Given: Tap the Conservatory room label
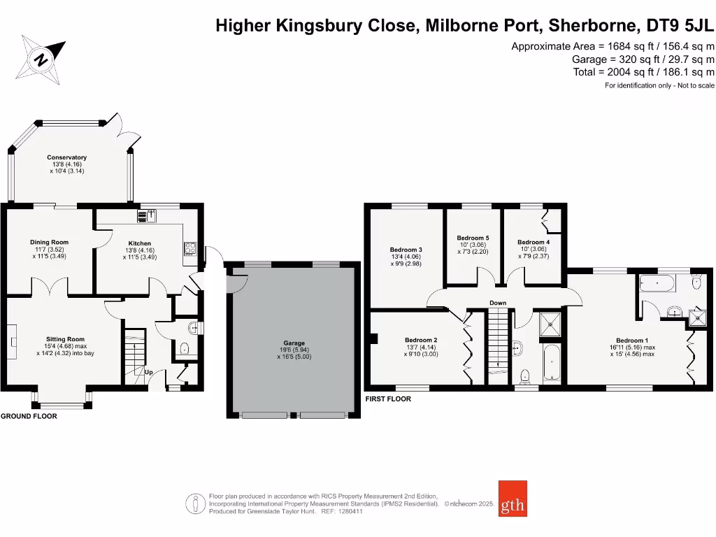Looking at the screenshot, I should pyautogui.click(x=66, y=157).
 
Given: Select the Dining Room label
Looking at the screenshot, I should pyautogui.click(x=49, y=243).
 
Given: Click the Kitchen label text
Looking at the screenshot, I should pyautogui.click(x=140, y=243).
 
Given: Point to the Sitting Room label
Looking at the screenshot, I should pyautogui.click(x=64, y=339).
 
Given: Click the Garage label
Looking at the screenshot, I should pyautogui.click(x=294, y=343).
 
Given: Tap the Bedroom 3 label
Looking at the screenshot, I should pyautogui.click(x=406, y=250).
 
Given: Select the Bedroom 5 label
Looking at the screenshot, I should pyautogui.click(x=473, y=238).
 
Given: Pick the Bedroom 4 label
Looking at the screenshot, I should pyautogui.click(x=534, y=243).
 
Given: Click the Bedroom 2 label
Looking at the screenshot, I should pyautogui.click(x=421, y=341).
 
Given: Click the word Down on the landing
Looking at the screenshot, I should pyautogui.click(x=498, y=303).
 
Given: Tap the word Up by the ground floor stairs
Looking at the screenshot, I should pyautogui.click(x=148, y=372).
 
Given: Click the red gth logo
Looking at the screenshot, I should pyautogui.click(x=513, y=499).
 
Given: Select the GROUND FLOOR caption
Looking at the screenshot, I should pyautogui.click(x=29, y=416).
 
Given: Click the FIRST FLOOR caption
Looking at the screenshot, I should pyautogui.click(x=388, y=399).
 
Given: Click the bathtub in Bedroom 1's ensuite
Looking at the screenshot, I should pyautogui.click(x=656, y=284).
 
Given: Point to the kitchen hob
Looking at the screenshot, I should pyautogui.click(x=189, y=248).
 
